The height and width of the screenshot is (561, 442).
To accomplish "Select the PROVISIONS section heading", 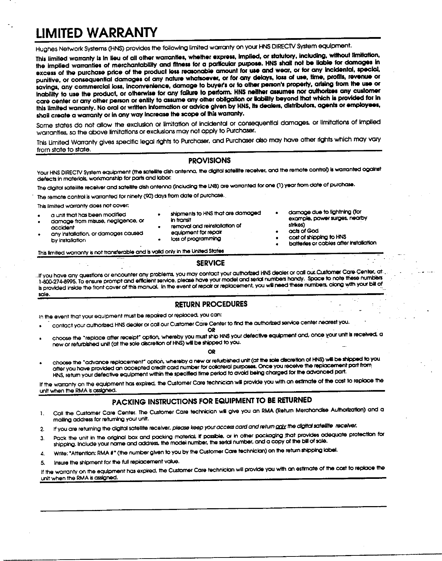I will (209, 161).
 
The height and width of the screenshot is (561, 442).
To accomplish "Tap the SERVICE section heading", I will (211, 263).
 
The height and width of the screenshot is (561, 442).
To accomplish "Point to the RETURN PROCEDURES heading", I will (211, 304).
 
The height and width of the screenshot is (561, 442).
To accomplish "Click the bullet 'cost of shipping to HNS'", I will (317, 237).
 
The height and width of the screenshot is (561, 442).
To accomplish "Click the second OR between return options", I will (212, 352).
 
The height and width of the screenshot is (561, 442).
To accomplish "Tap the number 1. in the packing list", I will (42, 414).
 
